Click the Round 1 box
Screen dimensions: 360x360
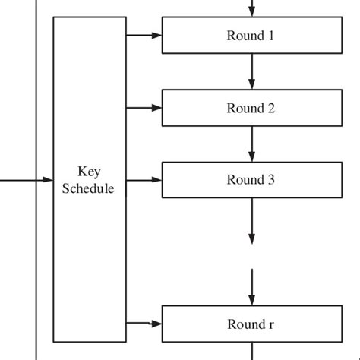point(251,36)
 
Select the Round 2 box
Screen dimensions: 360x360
point(251,108)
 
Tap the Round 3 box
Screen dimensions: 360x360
point(251,180)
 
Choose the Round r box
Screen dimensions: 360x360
point(251,324)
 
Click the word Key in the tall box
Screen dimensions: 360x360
point(89,172)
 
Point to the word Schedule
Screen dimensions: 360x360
point(89,188)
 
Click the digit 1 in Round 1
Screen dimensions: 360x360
point(270,36)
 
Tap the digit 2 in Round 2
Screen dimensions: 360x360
point(270,108)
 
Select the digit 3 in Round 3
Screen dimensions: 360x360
point(270,180)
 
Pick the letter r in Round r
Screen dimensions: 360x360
point(271,325)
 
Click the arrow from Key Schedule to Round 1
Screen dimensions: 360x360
point(144,35)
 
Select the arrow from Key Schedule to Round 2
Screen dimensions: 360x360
point(144,108)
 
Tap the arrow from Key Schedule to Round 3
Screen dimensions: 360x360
point(144,180)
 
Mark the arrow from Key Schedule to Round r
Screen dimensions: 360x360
point(144,323)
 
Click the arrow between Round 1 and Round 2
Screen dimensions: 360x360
point(251,71)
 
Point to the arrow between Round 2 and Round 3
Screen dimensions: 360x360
point(251,144)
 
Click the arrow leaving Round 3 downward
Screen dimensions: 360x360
point(251,220)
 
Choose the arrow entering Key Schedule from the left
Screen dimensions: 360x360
point(27,180)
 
